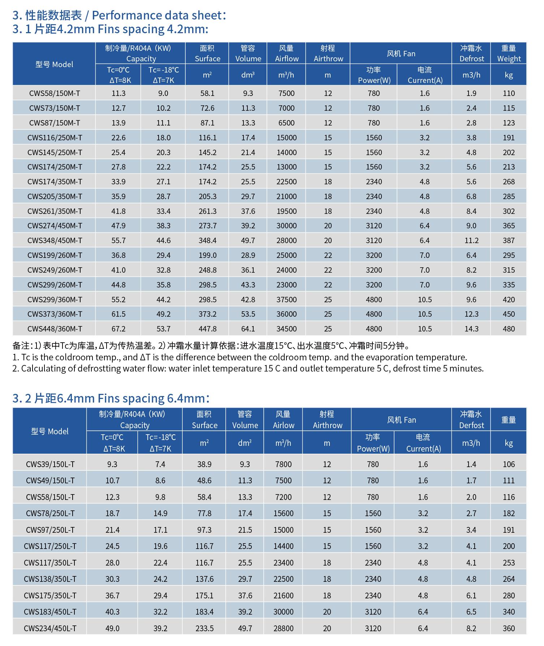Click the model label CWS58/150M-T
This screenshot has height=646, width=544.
(x=55, y=93)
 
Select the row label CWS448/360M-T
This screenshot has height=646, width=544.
(x=55, y=329)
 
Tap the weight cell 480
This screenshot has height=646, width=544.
(x=509, y=329)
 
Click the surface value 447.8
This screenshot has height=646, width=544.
(x=207, y=329)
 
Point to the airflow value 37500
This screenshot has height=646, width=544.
(x=286, y=300)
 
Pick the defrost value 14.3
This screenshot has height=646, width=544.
(x=471, y=329)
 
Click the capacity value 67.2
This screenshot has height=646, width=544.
(x=118, y=329)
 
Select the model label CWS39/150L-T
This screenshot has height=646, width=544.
(x=50, y=464)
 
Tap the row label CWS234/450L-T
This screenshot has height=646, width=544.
(x=50, y=628)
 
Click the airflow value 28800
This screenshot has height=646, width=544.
(x=283, y=628)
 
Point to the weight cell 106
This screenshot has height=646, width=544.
(x=509, y=464)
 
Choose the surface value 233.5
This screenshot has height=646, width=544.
(x=204, y=628)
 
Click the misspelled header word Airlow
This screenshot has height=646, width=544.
(x=284, y=426)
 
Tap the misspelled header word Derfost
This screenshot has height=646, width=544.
(x=471, y=426)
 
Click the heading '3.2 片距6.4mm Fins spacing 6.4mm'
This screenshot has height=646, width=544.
(x=111, y=398)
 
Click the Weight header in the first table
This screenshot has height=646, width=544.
(x=509, y=59)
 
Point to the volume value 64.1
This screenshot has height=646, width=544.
(x=248, y=329)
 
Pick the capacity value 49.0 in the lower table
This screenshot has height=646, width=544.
(x=112, y=628)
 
